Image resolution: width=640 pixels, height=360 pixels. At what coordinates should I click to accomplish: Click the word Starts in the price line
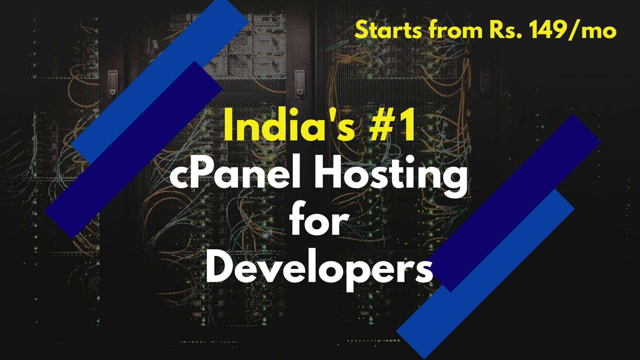pos(388,30)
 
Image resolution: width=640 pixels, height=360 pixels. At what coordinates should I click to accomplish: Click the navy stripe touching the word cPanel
pos(134,150)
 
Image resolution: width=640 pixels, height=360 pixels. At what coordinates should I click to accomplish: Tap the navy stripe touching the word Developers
pos(514,203)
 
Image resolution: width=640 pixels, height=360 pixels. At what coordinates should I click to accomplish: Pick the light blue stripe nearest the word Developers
pos(485,274)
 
